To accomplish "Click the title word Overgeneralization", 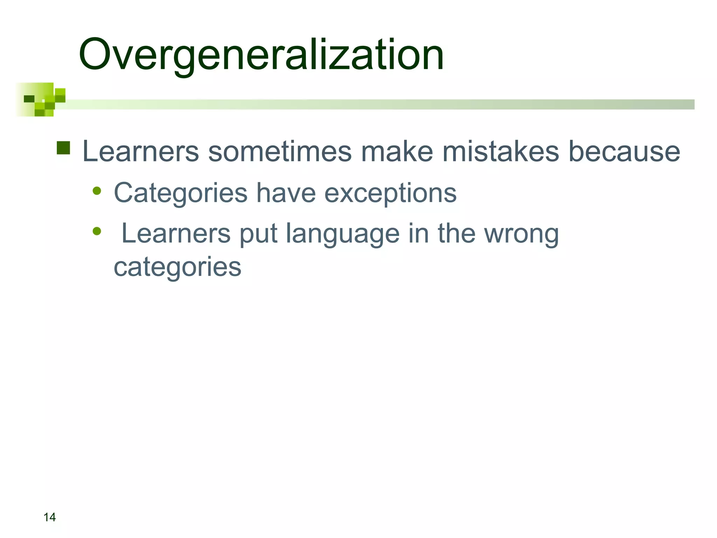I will (261, 55).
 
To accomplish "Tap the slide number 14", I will (49, 517).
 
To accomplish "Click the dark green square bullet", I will (63, 148).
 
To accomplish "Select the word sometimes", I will (280, 152).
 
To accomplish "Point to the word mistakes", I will (501, 152).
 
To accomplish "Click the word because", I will (624, 152).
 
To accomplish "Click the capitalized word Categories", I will (181, 193).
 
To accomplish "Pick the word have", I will (286, 193).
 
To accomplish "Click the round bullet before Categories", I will (97, 191).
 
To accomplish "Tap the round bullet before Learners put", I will (97, 231).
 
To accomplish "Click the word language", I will (342, 234).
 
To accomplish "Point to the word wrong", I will (521, 234).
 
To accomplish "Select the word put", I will (258, 234).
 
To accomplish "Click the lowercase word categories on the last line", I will (177, 267).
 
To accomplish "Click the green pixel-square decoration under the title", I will (41, 99).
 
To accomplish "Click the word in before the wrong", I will (418, 234).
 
